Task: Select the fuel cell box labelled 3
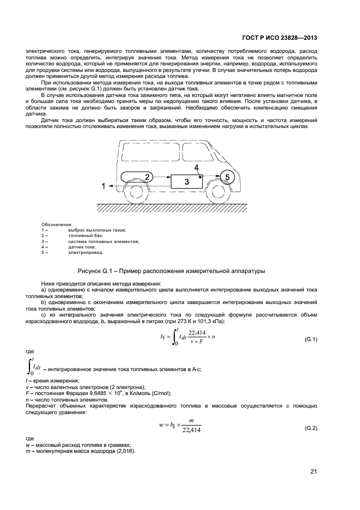[187, 181]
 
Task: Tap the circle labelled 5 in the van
[227, 177]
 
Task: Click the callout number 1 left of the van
[88, 186]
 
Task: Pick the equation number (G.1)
[310, 340]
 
